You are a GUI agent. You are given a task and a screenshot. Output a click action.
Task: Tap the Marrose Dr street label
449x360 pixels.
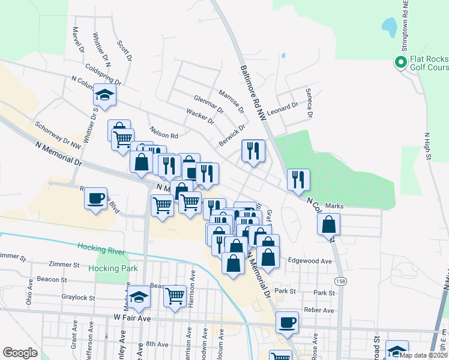click(231, 101)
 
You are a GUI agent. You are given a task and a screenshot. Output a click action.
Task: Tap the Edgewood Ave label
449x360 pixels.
click(310, 262)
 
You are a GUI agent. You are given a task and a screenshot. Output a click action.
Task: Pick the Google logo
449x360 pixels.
click(19, 353)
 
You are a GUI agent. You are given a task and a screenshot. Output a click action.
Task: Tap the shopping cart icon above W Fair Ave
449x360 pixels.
click(175, 294)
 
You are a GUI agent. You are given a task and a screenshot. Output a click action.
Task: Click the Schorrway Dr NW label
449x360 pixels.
click(58, 136)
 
